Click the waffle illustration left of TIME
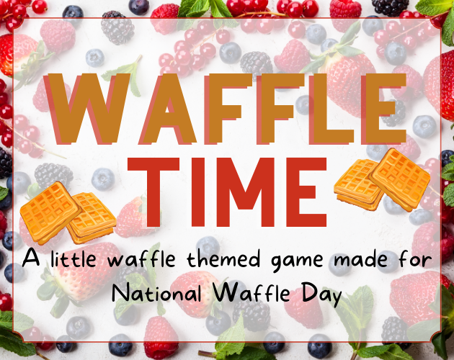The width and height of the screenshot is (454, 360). pos(68,212)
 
